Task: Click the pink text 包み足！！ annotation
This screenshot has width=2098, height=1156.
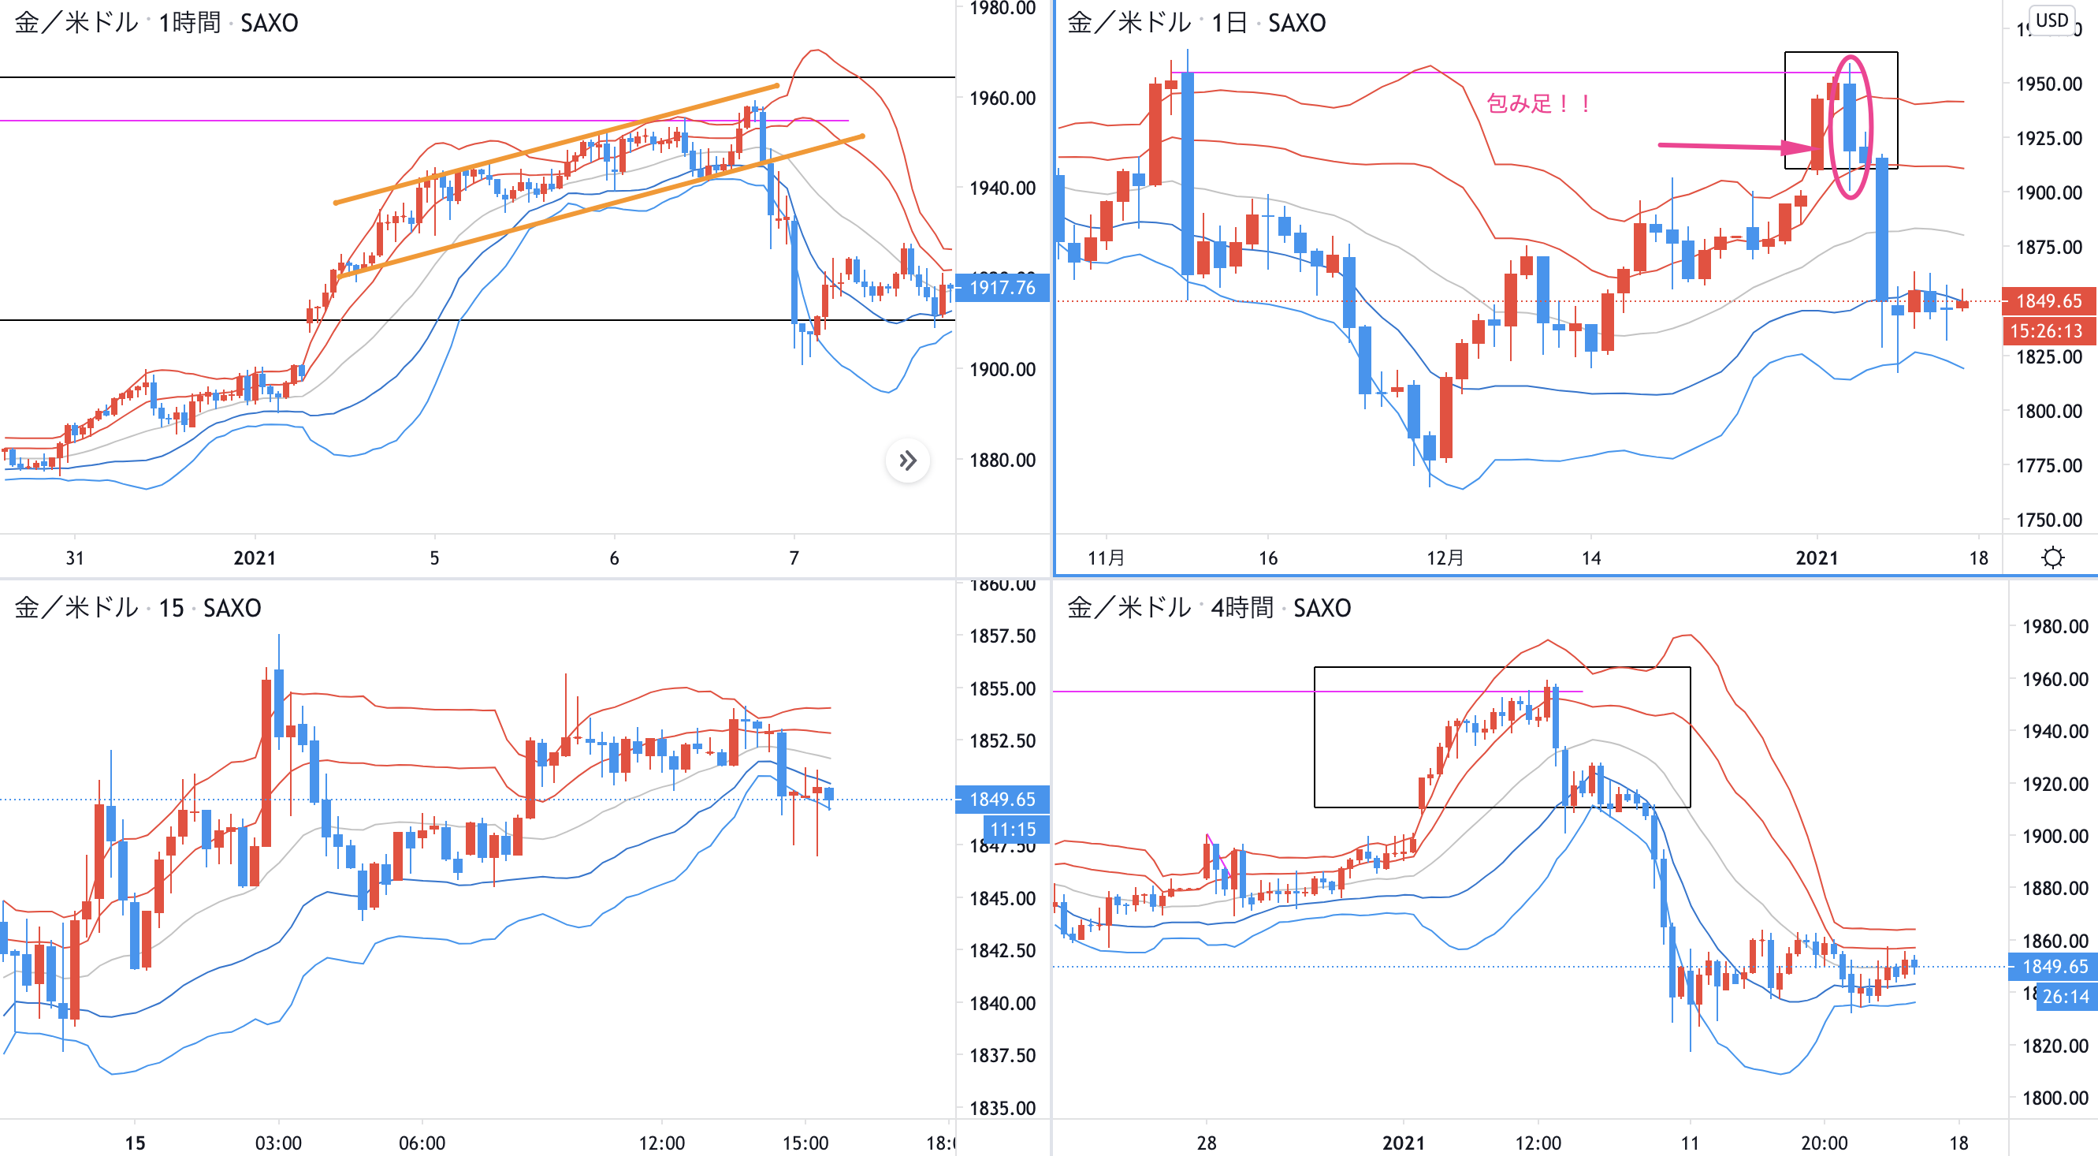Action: click(x=1538, y=103)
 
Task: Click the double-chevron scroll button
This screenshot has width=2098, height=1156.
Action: click(x=907, y=461)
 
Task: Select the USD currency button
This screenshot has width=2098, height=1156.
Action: click(x=2052, y=21)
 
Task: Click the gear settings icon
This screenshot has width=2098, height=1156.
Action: click(x=2052, y=558)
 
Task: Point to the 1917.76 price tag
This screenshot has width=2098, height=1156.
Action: click(x=1002, y=288)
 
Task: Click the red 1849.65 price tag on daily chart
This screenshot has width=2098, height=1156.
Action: click(x=2048, y=300)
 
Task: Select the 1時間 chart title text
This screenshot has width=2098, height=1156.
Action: click(x=189, y=23)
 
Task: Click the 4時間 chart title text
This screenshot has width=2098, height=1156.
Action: click(x=1241, y=608)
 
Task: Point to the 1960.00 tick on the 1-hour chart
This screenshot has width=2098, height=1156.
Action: click(x=1002, y=99)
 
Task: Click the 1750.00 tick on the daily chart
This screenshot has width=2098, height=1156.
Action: click(x=2048, y=520)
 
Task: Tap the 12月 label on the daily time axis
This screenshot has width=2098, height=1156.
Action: click(x=1445, y=558)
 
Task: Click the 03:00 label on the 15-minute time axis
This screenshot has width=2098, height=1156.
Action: click(x=277, y=1143)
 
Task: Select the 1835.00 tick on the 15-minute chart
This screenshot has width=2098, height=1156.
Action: click(x=1002, y=1108)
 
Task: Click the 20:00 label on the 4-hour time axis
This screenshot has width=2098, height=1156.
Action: click(x=1824, y=1143)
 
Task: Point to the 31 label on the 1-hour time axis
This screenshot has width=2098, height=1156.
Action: click(x=74, y=558)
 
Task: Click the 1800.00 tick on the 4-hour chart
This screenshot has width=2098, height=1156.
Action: click(x=2055, y=1098)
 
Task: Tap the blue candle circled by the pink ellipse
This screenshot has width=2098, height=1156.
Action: click(x=1850, y=118)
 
